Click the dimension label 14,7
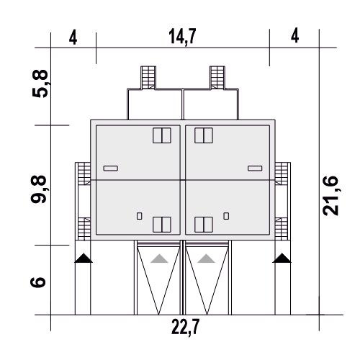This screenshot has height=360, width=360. [x=182, y=37]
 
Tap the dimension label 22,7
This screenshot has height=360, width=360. [x=185, y=328]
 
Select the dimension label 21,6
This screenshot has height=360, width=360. [x=330, y=196]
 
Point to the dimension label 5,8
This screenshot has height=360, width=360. [x=40, y=84]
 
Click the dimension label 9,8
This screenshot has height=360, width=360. [x=39, y=189]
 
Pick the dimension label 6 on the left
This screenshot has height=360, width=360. [x=38, y=282]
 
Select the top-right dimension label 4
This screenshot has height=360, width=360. [x=295, y=35]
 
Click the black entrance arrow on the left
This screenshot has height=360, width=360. [x=84, y=258]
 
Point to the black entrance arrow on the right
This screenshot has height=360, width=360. [x=282, y=258]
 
